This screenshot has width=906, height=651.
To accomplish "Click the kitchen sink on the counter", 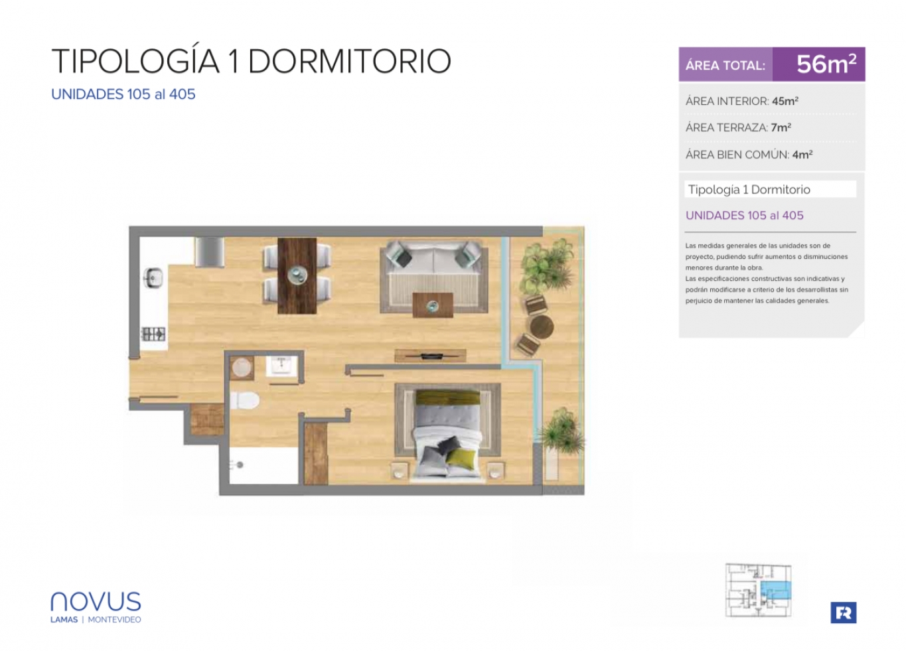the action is click(x=153, y=278).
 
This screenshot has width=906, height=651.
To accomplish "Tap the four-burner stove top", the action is click(x=153, y=334).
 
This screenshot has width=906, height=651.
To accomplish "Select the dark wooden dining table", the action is click(x=297, y=276).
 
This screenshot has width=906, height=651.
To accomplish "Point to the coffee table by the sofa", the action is click(x=432, y=305).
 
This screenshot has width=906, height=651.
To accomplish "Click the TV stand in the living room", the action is click(x=430, y=356).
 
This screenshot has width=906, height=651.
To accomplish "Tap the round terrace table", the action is click(x=542, y=326).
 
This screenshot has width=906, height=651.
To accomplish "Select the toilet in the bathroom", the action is click(x=245, y=400).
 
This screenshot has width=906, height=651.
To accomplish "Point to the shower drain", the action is click(x=240, y=465).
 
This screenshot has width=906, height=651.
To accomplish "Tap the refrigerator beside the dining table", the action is click(x=209, y=252).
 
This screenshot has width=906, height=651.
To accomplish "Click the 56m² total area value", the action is click(x=826, y=64).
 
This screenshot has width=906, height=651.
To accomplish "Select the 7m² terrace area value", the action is click(x=781, y=128).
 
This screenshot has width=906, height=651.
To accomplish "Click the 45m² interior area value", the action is click(x=785, y=101).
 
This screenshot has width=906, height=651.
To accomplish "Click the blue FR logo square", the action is click(x=844, y=613).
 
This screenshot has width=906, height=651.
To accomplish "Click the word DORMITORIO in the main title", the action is click(x=349, y=62).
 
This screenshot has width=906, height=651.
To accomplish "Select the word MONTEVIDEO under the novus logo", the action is click(x=114, y=620).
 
